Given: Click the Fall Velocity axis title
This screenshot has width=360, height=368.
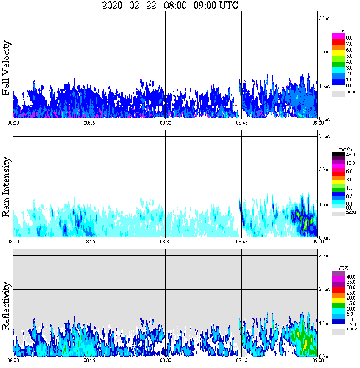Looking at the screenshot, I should click(6, 68).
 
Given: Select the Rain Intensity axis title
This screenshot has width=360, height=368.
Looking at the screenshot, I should click(6, 187).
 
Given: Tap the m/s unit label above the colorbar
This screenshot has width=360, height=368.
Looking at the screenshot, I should click(342, 31).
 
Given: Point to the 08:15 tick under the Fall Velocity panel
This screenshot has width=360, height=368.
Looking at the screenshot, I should click(89, 123).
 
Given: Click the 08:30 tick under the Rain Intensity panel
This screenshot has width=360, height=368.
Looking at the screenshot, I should click(165, 242).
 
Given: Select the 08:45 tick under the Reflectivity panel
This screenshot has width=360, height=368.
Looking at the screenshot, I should click(241, 360).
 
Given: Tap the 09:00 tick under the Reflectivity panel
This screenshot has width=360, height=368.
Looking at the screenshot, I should click(318, 360).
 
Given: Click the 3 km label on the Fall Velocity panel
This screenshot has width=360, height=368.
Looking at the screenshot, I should click(324, 18).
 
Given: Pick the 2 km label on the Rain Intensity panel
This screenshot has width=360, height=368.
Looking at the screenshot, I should click(324, 170).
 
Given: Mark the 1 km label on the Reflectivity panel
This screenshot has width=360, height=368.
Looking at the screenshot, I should click(324, 323).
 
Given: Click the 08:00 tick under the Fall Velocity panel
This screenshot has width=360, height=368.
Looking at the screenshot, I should click(13, 123).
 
